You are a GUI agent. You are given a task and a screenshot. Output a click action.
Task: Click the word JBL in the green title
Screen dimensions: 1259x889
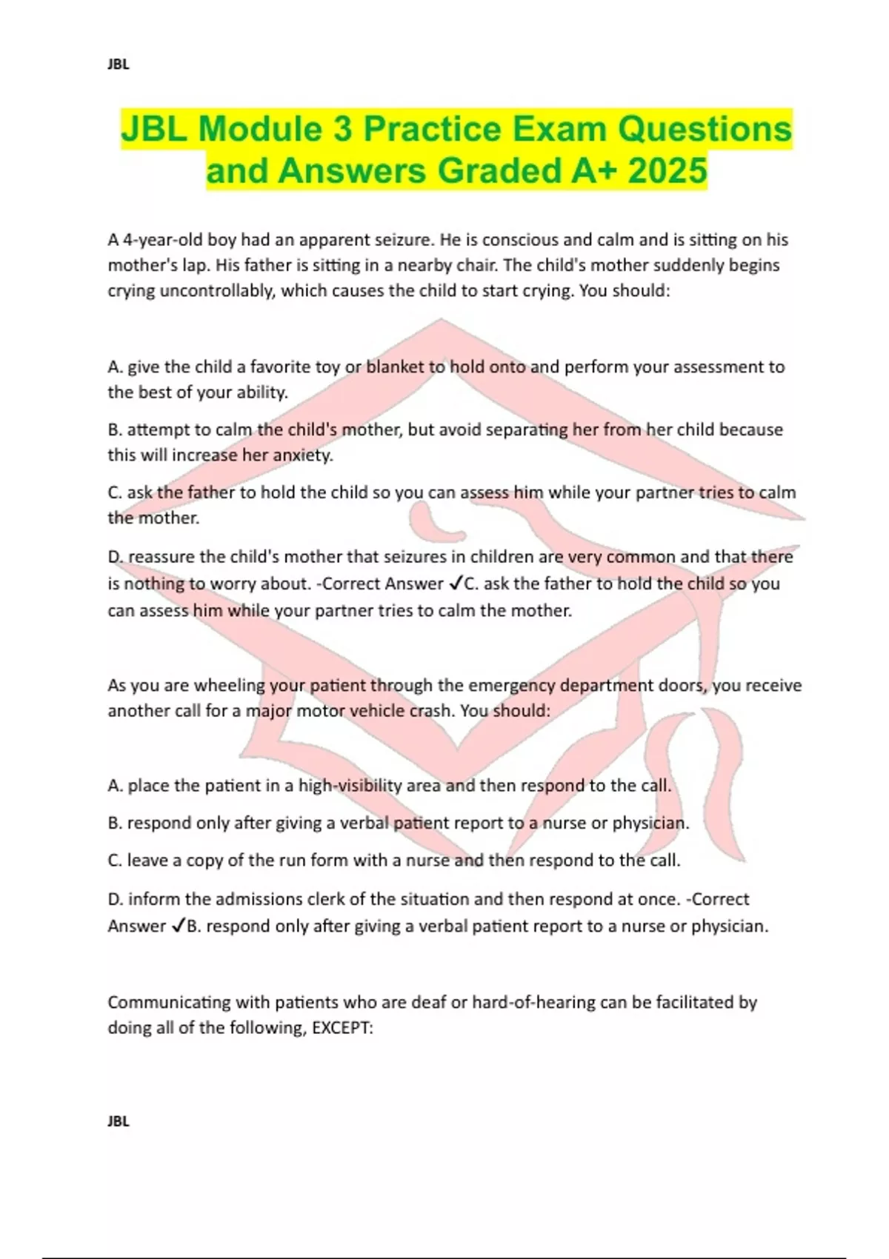154,130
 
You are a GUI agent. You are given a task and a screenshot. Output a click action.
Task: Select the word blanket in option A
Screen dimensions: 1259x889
395,367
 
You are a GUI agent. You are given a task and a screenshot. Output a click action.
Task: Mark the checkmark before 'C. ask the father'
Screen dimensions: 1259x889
455,584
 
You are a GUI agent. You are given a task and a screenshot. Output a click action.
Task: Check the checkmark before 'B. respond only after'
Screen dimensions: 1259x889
178,926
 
